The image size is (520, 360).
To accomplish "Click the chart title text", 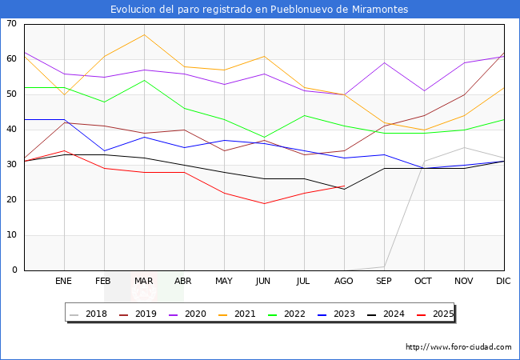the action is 259,10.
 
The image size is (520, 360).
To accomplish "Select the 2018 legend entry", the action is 89,314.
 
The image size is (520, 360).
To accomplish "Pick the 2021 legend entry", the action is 237,314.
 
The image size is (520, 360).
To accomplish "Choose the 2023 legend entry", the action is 336,314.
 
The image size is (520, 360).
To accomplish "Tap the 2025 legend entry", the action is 435,314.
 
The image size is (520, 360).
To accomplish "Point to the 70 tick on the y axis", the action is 11,23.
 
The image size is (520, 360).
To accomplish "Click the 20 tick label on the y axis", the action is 11,199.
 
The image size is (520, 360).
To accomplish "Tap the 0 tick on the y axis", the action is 14,270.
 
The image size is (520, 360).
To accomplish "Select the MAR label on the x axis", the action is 143,281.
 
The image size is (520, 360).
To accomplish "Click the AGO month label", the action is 343,281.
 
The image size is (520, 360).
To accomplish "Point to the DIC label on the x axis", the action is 503,281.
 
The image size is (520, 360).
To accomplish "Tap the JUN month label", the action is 263,281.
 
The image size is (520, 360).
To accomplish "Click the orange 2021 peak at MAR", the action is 144,35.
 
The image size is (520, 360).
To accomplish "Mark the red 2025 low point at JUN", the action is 264,203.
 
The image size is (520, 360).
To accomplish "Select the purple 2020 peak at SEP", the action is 384,62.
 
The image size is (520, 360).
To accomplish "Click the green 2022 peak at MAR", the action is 144,81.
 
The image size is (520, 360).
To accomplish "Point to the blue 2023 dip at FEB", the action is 105,151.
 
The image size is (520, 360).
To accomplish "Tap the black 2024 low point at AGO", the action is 345,190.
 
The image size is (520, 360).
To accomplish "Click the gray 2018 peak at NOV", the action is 464,147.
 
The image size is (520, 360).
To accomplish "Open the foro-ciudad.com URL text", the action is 458,347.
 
